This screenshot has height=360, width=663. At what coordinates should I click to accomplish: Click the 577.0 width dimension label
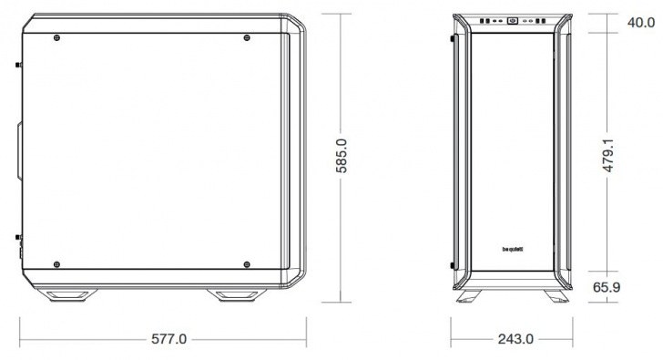[168, 339]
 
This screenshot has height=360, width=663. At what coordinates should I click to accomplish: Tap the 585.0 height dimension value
[342, 156]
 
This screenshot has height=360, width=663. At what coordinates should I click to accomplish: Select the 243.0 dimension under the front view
[515, 339]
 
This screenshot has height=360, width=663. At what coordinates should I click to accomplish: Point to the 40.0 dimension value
[641, 23]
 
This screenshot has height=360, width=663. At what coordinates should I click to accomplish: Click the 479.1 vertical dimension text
[608, 155]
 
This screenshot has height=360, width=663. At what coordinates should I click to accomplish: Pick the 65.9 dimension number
[607, 287]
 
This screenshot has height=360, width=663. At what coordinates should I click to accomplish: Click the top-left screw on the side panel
[56, 37]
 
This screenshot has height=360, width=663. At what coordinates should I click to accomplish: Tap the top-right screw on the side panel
[247, 37]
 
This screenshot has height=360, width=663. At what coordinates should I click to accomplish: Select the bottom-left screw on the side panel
[56, 264]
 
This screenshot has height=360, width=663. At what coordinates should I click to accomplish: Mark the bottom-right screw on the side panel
[247, 264]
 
